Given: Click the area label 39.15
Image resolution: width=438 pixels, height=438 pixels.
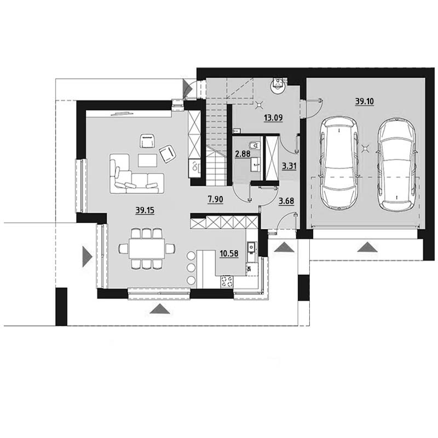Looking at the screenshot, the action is pyautogui.click(x=145, y=210).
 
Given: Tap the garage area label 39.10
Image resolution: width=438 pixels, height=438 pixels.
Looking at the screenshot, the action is pyautogui.click(x=364, y=101).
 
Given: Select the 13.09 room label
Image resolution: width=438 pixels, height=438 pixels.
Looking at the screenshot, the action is pyautogui.click(x=273, y=118).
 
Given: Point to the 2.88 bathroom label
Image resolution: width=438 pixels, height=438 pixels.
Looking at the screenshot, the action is pyautogui.click(x=243, y=154).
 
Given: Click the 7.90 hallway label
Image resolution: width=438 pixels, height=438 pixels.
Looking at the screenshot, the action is pyautogui.click(x=215, y=199).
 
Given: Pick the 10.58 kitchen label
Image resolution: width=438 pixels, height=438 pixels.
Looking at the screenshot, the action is pyautogui.click(x=229, y=253).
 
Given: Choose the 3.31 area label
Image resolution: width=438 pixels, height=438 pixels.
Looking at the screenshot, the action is pyautogui.click(x=289, y=166).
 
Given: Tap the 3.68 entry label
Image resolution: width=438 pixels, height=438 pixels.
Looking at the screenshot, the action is pyautogui.click(x=286, y=201).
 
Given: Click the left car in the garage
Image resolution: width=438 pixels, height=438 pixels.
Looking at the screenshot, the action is pyautogui.click(x=339, y=163).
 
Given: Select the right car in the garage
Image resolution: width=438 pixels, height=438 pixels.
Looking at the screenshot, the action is pyautogui.click(x=396, y=165).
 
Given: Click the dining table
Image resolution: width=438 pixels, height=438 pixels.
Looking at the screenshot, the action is pyautogui.click(x=147, y=249).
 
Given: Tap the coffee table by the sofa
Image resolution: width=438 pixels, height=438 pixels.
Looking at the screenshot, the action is pyautogui.click(x=147, y=160).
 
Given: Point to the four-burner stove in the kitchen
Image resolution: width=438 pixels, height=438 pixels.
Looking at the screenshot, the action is pyautogui.click(x=227, y=281).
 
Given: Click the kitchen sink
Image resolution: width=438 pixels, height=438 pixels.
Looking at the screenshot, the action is pyautogui.click(x=251, y=247).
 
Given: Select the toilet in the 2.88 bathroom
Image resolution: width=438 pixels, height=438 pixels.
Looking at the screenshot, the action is pyautogui.click(x=254, y=146).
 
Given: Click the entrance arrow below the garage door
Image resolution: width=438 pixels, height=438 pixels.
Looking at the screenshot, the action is pyautogui.click(x=367, y=247).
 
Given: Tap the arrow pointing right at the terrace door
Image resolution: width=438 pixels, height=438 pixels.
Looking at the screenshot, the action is pyautogui.click(x=87, y=256).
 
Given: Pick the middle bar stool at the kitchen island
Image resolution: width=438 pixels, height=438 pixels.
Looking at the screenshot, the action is pyautogui.click(x=191, y=268).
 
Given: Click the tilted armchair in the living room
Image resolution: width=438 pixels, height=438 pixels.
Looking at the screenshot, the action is pyautogui.click(x=168, y=153).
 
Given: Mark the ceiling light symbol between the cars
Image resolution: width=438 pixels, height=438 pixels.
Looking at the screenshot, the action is pyautogui.click(x=365, y=148).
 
